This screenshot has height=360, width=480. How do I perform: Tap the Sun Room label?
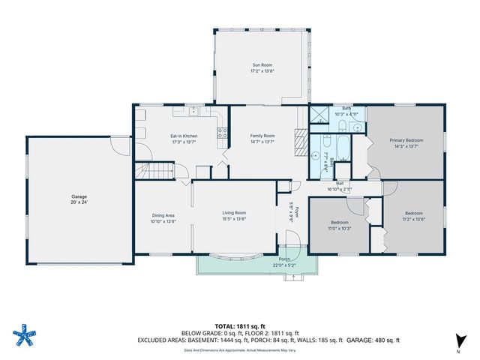(x=262, y=67)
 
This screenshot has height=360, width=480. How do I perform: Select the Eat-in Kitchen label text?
(x=184, y=136)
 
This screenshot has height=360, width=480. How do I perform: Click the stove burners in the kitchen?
(x=222, y=135)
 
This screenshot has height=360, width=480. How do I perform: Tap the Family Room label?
(x=262, y=136)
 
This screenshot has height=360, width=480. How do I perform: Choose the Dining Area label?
(x=163, y=217)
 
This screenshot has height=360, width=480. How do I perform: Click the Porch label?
(x=285, y=259)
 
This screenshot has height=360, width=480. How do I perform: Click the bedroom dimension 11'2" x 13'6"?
(x=415, y=219)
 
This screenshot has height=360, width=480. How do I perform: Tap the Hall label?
(x=340, y=184)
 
